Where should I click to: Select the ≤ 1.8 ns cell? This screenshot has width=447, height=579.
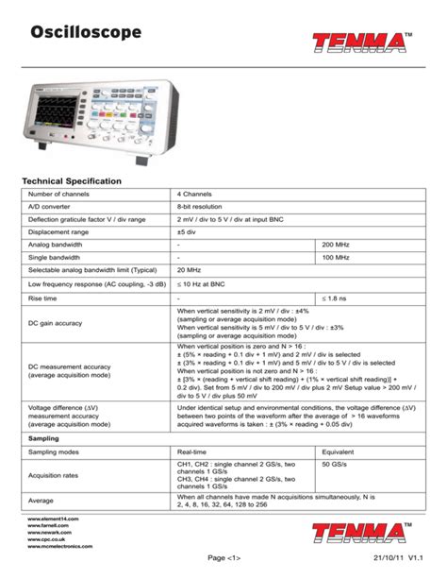click(336, 298)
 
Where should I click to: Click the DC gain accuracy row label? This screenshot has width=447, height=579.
click(56, 323)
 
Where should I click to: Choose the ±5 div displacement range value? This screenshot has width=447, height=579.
click(188, 230)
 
